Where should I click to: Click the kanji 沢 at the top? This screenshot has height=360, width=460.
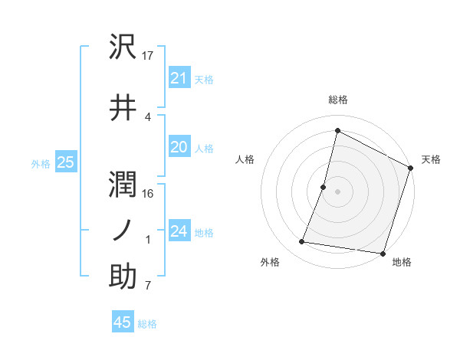coord(123,47)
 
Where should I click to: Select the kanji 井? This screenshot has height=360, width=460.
coord(123,107)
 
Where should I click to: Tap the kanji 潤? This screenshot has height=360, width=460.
coord(123,183)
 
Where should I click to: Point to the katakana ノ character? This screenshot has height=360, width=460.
coord(123,230)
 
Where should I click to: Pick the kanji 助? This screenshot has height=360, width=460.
coord(123,277)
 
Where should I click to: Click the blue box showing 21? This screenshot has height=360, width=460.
coord(179,78)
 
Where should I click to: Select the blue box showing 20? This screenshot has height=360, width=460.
coord(179,147)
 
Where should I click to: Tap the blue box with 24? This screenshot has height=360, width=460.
coord(179,231)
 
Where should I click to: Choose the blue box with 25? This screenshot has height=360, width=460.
coord(65,162)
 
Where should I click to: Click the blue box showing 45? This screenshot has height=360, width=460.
coord(123,322)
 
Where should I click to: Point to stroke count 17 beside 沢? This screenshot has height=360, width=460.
coord(149,55)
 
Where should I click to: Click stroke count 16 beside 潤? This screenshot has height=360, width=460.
coord(149,193)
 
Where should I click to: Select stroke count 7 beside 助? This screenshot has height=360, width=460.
coord(148,286)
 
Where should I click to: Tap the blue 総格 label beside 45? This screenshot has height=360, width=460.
coord(147,324)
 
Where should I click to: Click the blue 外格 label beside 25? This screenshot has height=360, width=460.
coord(41,163)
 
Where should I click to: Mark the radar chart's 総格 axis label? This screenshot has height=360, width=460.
coord(338,100)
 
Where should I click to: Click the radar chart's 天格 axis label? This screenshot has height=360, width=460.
coord(431,159)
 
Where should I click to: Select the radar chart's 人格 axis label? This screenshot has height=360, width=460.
coord(245,159)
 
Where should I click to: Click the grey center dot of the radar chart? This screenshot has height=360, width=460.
coord(338,191)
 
